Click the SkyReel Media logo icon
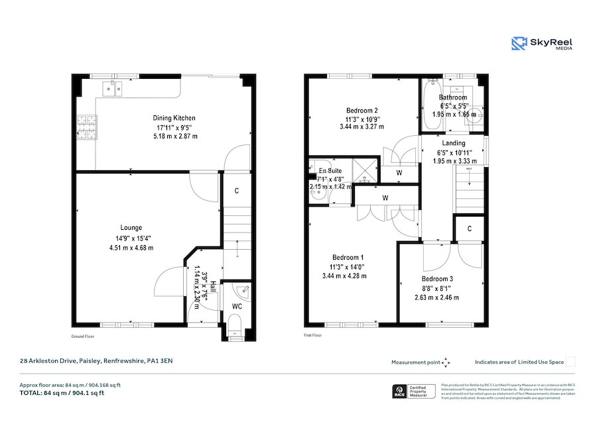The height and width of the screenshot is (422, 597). [x=519, y=44]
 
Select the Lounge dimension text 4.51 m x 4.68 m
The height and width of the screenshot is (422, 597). [x=131, y=248]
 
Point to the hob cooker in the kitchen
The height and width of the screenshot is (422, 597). [x=86, y=125]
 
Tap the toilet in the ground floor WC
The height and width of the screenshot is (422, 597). [x=233, y=325]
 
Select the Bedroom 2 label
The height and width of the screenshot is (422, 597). [x=362, y=110]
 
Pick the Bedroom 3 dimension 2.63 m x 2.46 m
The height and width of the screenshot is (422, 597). [x=436, y=297]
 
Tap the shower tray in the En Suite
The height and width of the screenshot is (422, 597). [x=365, y=171]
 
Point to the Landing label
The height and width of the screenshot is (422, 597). [x=454, y=142]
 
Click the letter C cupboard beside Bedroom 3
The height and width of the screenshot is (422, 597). [x=469, y=229]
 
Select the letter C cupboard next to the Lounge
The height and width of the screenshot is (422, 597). [x=237, y=191]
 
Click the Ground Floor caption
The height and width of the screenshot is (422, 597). [x=83, y=336]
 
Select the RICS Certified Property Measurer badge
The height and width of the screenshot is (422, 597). [x=413, y=392]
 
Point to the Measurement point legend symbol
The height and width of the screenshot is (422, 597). [x=446, y=362]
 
